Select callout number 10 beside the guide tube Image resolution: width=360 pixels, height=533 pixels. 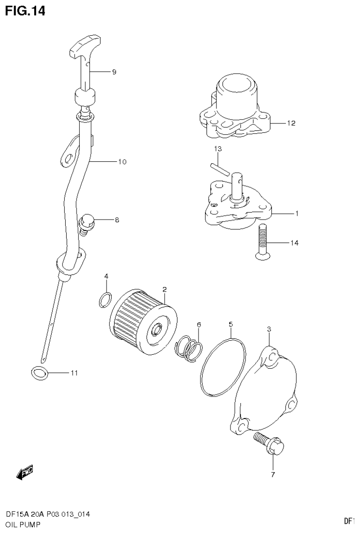(122, 162)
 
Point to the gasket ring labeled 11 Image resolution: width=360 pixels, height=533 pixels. (40, 373)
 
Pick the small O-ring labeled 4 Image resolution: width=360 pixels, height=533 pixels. (106, 299)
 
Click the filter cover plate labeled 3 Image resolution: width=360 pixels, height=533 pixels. (265, 394)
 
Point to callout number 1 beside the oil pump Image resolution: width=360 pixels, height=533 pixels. (297, 213)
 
